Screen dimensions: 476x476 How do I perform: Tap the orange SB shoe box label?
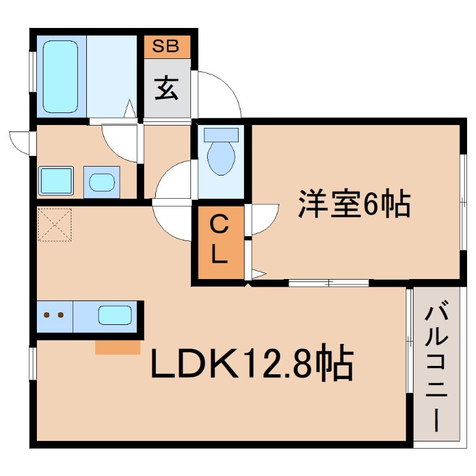(166, 46)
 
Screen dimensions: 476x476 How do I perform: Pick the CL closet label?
(219, 241)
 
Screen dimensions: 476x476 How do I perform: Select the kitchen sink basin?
(114, 315)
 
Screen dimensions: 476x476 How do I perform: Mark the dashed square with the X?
(54, 224)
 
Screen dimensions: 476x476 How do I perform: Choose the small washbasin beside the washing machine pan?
(101, 181)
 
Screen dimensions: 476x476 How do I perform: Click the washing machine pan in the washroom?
(55, 181)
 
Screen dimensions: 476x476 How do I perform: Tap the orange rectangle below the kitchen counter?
(118, 347)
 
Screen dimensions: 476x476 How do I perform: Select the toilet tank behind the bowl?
(221, 134)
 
